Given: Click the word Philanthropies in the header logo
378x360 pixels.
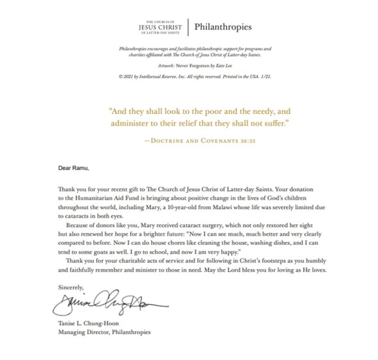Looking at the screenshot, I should tap(222, 27).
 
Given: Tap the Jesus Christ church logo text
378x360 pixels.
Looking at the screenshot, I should tap(160, 27).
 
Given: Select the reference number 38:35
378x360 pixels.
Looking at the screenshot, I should tap(245, 140).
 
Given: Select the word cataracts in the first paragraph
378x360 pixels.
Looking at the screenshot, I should tap(77, 216).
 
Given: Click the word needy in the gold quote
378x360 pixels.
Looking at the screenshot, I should tap(235, 111).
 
